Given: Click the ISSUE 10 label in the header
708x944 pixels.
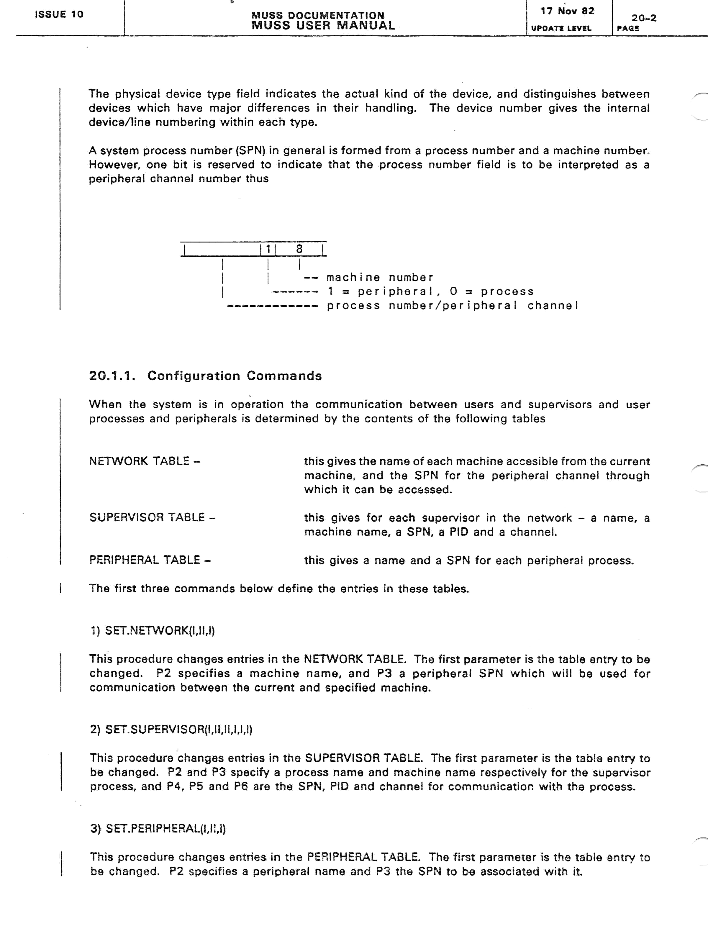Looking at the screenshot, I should [x=59, y=14].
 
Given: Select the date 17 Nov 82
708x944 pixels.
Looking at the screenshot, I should [x=567, y=11].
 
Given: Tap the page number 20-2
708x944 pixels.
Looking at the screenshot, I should [x=644, y=18].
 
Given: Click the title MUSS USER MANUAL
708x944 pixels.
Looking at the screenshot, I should [x=323, y=26].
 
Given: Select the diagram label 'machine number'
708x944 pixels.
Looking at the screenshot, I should [x=380, y=277].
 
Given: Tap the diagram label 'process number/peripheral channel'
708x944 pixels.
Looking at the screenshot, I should [x=452, y=306].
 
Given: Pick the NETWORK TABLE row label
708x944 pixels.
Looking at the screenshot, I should [x=144, y=461].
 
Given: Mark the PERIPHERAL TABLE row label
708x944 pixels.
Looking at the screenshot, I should [x=150, y=560].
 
